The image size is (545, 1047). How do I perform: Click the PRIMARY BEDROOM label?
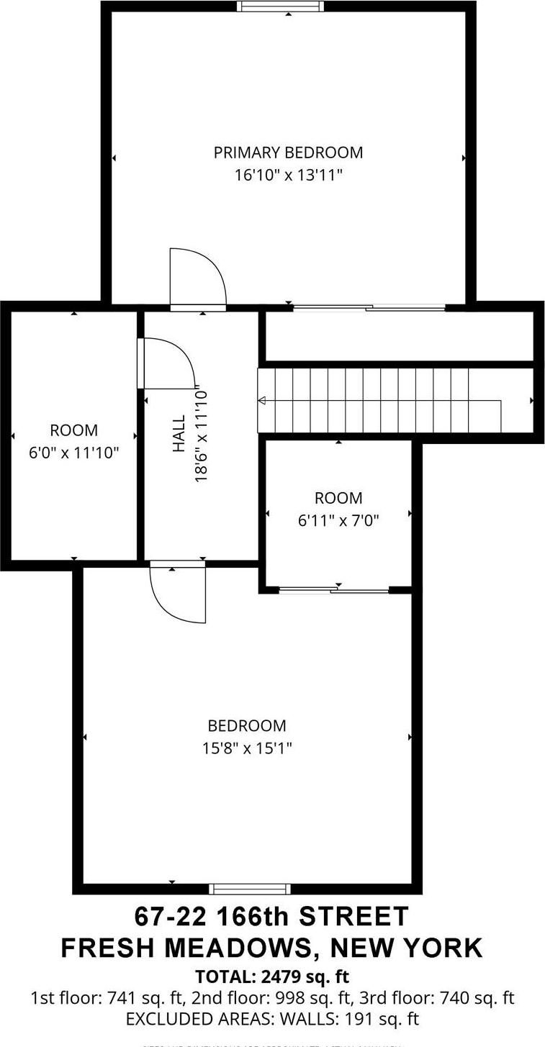click(x=288, y=153)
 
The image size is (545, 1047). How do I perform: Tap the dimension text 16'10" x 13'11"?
click(x=288, y=174)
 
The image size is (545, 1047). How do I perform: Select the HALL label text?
click(x=179, y=433)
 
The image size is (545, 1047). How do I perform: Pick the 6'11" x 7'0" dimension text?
click(x=338, y=520)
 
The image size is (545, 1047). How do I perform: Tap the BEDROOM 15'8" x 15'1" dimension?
click(x=247, y=748)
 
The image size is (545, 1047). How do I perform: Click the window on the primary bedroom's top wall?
click(x=280, y=6)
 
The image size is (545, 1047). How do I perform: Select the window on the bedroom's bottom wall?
click(x=249, y=888)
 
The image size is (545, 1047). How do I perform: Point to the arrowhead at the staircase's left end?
click(x=262, y=401)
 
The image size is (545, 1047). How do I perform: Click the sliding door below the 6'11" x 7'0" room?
click(x=334, y=590)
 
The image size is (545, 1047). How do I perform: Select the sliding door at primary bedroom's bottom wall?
click(x=369, y=308)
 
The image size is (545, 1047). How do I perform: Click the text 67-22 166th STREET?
click(x=271, y=917)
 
